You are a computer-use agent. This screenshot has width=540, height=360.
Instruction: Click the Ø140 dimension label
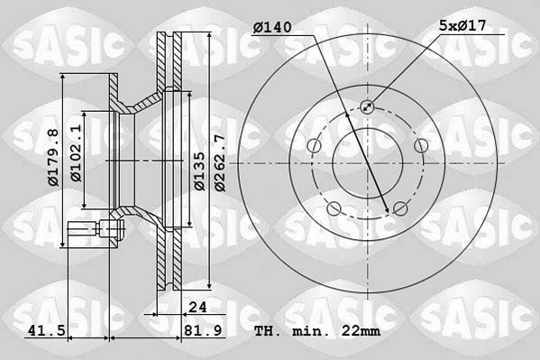[272, 28]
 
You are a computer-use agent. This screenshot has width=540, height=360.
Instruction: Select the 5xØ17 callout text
[462, 25]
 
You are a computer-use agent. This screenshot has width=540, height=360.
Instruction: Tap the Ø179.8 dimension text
[54, 157]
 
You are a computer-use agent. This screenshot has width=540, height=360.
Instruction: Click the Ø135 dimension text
[199, 171]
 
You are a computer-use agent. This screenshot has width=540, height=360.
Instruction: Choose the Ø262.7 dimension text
[220, 163]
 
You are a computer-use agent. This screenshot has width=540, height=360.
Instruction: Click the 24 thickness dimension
[197, 307]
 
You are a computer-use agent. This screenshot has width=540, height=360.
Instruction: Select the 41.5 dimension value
[47, 331]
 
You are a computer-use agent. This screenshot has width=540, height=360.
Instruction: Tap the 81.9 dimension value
[203, 331]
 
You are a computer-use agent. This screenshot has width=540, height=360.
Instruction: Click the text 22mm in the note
[361, 331]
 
